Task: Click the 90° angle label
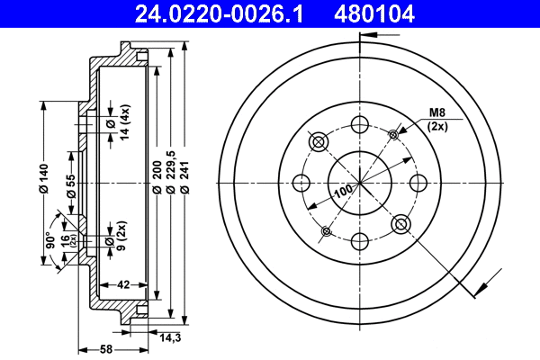click(x=52, y=239)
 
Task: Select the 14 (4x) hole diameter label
click(x=112, y=123)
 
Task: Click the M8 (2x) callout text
click(x=437, y=120)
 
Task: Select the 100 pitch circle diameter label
click(x=342, y=192)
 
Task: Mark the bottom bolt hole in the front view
click(x=360, y=241)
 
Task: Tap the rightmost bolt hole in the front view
click(x=418, y=183)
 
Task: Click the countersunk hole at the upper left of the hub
click(x=319, y=142)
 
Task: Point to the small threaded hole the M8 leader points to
click(x=393, y=134)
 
